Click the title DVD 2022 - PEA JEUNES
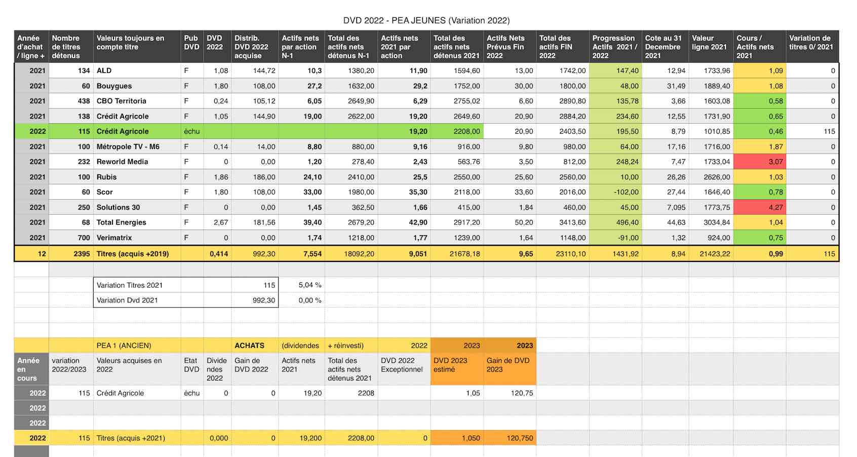[x=394, y=20]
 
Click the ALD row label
[x=104, y=70]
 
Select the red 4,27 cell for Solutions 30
[x=760, y=207]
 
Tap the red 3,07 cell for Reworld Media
[x=760, y=162]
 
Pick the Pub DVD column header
[x=191, y=43]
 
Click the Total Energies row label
[x=121, y=222]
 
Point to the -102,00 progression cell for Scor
[x=626, y=192]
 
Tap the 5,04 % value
[x=310, y=285]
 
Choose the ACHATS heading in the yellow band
[x=249, y=345]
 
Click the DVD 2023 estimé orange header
[x=450, y=365]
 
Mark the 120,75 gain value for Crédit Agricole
[x=522, y=393]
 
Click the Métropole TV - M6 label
[x=128, y=146]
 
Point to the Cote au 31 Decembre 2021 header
[x=664, y=47]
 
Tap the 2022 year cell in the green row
[x=37, y=131]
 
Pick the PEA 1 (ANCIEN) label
[x=124, y=345]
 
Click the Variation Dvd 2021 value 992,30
[x=263, y=300]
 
